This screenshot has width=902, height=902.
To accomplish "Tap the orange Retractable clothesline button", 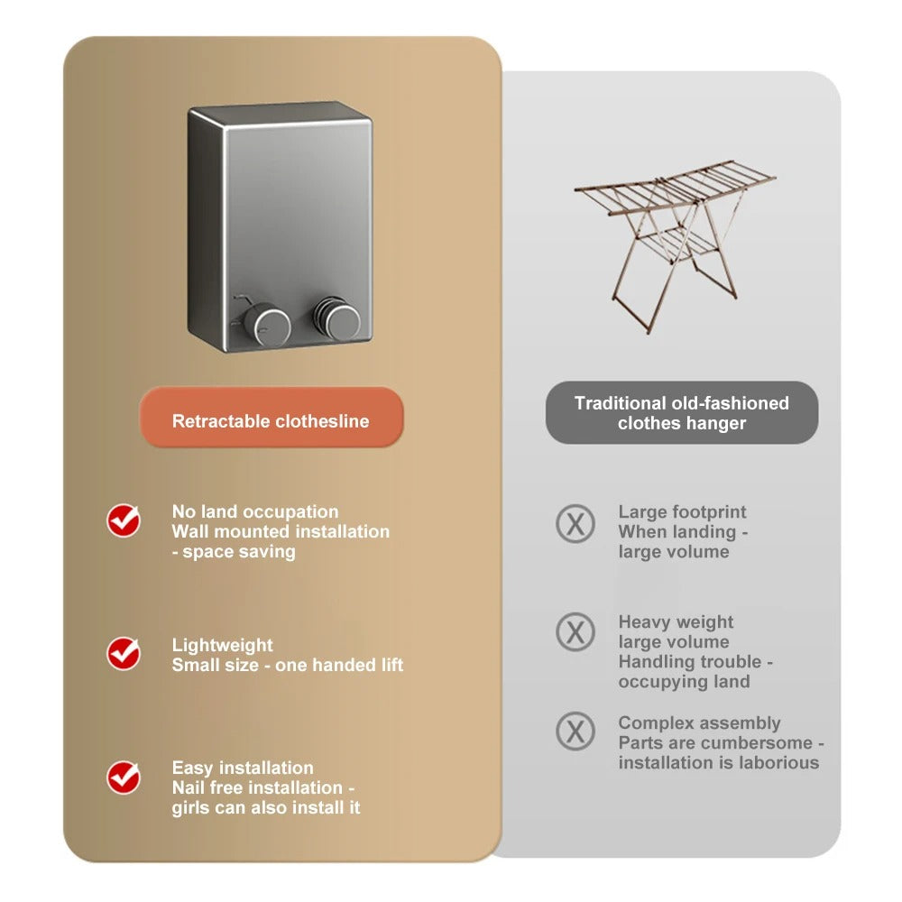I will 271,420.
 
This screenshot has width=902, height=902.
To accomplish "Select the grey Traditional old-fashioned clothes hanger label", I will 682,413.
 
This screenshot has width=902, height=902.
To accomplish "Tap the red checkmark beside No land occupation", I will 124,520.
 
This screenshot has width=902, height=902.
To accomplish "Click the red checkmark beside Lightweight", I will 124,653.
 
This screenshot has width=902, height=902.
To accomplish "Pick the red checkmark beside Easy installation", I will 124,777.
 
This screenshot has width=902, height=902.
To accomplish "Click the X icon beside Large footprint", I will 575,522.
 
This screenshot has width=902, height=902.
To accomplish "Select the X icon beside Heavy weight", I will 575,632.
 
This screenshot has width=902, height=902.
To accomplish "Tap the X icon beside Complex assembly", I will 575,731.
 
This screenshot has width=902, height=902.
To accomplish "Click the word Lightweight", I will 222,645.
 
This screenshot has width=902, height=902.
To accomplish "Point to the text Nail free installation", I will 257,787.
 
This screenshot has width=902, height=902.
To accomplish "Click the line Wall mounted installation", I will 281,531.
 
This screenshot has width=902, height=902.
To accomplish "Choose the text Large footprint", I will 682,511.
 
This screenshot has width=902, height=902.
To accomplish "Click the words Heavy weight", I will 676,621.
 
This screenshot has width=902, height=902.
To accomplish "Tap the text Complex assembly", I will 699,723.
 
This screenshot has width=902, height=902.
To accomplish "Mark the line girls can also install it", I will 266,807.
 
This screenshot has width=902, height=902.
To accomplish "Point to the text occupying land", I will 684,681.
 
